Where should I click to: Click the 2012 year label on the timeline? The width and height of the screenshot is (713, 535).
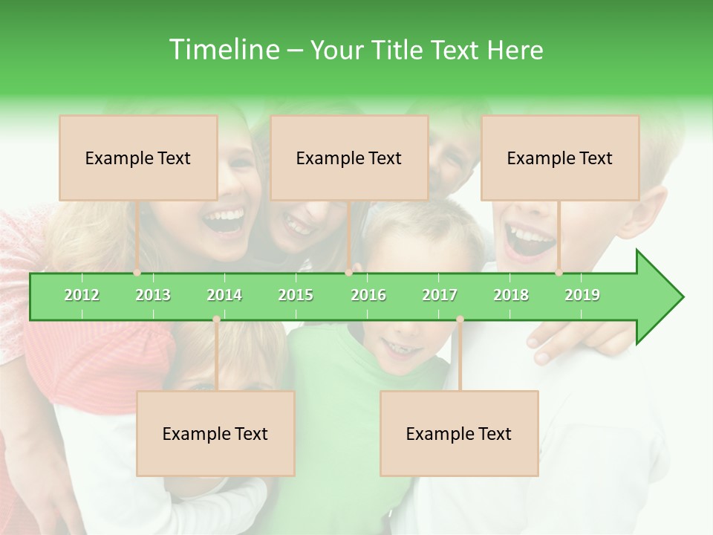pyautogui.click(x=82, y=295)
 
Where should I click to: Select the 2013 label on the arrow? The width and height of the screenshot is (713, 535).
pyautogui.click(x=153, y=295)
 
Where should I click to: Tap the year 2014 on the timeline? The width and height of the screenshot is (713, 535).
pyautogui.click(x=224, y=295)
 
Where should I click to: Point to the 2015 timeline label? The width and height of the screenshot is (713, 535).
pyautogui.click(x=296, y=295)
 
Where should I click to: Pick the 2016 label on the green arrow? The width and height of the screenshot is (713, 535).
pyautogui.click(x=368, y=295)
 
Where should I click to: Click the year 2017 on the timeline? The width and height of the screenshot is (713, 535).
pyautogui.click(x=440, y=295)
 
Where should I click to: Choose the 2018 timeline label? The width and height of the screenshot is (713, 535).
pyautogui.click(x=511, y=295)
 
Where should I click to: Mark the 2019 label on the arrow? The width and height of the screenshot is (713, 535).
pyautogui.click(x=582, y=295)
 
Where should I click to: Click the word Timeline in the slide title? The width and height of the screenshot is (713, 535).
pyautogui.click(x=223, y=50)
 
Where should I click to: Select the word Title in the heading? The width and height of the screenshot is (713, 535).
pyautogui.click(x=400, y=50)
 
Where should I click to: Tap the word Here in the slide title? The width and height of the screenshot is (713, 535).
pyautogui.click(x=515, y=50)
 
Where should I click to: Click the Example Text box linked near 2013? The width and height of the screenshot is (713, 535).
pyautogui.click(x=138, y=158)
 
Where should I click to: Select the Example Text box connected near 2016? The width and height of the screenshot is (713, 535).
pyautogui.click(x=349, y=158)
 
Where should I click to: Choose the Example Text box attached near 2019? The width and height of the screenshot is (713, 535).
pyautogui.click(x=560, y=158)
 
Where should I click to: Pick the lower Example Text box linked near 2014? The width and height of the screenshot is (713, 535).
pyautogui.click(x=215, y=433)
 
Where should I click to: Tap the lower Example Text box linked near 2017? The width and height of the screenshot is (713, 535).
pyautogui.click(x=459, y=433)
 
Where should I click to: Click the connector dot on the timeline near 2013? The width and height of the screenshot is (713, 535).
pyautogui.click(x=137, y=273)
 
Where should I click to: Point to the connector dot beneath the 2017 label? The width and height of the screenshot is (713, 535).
pyautogui.click(x=460, y=320)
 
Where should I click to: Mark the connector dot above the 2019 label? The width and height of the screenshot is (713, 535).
pyautogui.click(x=559, y=273)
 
